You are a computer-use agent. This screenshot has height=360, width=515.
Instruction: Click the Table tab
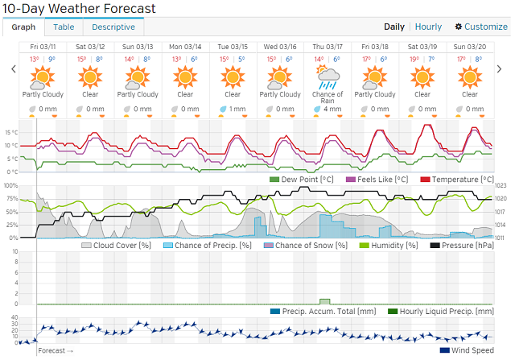pyautogui.click(x=64, y=27)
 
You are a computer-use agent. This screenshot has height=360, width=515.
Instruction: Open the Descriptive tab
pyautogui.click(x=113, y=27)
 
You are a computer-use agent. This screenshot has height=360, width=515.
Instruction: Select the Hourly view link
pyautogui.click(x=430, y=27)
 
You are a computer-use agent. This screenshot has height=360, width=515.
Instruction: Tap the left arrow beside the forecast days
pyautogui.click(x=13, y=69)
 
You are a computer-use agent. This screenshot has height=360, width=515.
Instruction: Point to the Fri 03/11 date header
pyautogui.click(x=43, y=48)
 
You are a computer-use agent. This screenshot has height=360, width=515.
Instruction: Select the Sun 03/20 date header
pyautogui.click(x=471, y=48)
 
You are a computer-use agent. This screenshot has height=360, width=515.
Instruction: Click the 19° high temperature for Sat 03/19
pyautogui.click(x=414, y=60)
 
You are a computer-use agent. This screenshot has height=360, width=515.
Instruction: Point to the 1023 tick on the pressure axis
pyautogui.click(x=501, y=186)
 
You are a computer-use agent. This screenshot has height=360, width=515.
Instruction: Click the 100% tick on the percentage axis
pyautogui.click(x=10, y=186)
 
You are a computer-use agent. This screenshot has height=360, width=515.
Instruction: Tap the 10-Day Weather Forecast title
pyautogui.click(x=78, y=8)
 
